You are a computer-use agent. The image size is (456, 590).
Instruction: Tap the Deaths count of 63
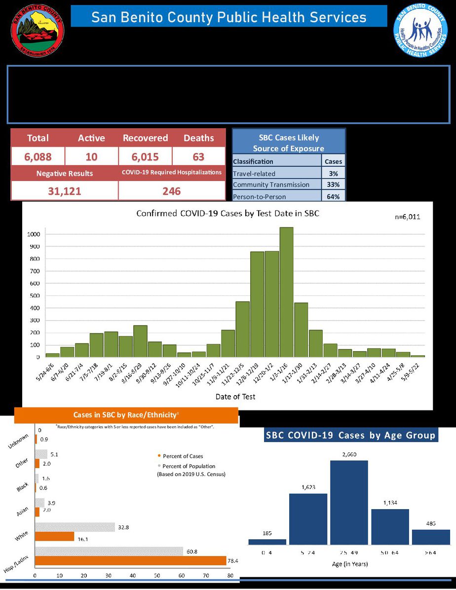[199, 157]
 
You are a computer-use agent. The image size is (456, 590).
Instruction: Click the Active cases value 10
[91, 157]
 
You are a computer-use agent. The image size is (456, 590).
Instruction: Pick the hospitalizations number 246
[172, 191]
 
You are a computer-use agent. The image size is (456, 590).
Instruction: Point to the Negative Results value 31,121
[65, 191]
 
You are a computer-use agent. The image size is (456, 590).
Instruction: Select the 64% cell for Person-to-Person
[334, 197]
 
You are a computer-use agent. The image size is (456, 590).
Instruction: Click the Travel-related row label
[254, 174]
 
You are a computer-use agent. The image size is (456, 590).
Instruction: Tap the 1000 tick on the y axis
[33, 234]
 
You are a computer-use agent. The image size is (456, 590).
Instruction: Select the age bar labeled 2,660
[349, 502]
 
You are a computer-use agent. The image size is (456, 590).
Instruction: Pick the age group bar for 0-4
[267, 541]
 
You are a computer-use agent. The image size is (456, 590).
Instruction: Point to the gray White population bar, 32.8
[75, 527]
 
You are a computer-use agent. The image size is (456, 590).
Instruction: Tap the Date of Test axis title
[235, 397]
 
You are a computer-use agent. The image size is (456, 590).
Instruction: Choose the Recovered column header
[145, 138]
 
